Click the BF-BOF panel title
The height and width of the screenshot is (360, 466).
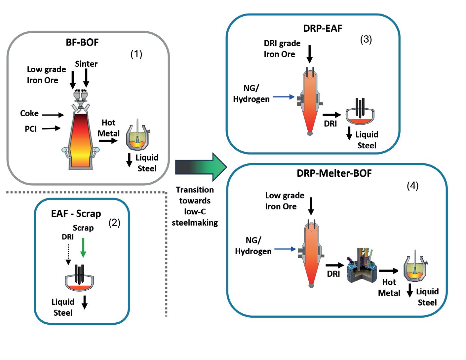click(82, 42)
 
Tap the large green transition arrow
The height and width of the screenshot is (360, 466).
click(200, 167)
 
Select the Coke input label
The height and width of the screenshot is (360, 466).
click(29, 113)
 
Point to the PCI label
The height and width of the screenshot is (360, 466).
click(31, 129)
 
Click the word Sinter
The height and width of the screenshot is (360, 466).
click(86, 64)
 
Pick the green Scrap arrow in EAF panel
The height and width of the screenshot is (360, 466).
click(83, 247)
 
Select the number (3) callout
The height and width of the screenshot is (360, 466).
click(366, 39)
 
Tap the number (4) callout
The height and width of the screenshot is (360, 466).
click(412, 186)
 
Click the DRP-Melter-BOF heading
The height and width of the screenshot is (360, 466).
click(334, 173)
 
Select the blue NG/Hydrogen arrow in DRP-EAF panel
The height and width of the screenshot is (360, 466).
click(284, 97)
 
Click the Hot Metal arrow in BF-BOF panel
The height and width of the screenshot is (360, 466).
click(108, 141)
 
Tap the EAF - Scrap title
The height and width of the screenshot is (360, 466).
click(76, 213)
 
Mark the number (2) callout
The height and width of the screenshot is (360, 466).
click(114, 223)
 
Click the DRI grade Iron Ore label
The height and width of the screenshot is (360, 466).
click(282, 49)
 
